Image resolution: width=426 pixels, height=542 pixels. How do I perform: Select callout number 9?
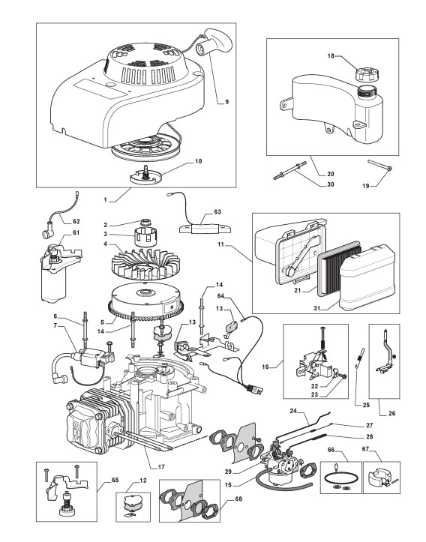tap(226, 102)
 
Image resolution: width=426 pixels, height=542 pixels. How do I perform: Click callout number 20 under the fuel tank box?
tap(330, 174)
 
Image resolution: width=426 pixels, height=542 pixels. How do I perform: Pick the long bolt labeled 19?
tap(379, 165)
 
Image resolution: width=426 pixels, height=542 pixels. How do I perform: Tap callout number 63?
tap(217, 211)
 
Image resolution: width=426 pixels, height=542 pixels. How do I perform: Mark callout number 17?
tap(161, 466)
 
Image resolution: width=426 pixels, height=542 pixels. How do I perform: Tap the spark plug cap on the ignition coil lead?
tap(58, 379)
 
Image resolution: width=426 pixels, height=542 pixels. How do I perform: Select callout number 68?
tap(238, 499)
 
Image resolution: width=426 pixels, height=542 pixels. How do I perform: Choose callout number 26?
tap(391, 413)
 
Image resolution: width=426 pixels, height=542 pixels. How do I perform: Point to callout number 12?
tap(142, 481)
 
